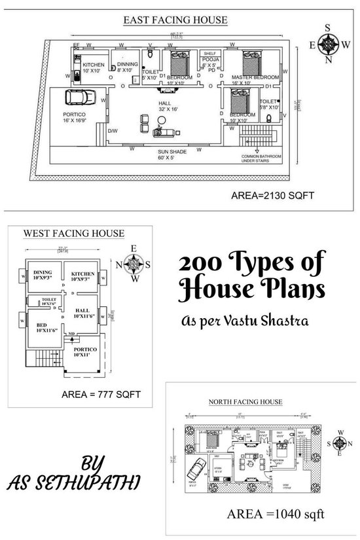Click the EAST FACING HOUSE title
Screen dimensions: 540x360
(x=175, y=20)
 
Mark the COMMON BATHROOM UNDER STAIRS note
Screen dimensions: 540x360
(x=261, y=158)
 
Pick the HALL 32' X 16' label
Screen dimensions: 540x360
(x=164, y=106)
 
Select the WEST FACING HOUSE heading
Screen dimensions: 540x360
(x=74, y=233)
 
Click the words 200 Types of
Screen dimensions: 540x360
(x=251, y=264)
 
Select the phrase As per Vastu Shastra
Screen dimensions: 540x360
(x=245, y=322)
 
